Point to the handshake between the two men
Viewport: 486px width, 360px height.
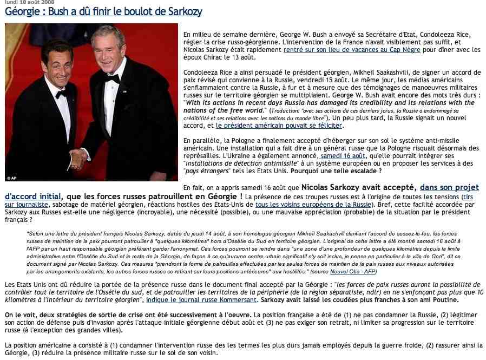(79, 158)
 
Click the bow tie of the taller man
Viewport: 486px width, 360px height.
(112, 78)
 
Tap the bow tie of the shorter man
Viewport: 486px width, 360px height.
(61, 93)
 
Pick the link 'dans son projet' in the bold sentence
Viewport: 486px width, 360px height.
(450, 187)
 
